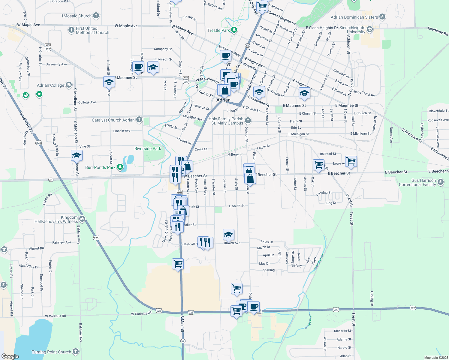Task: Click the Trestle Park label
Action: point(218,30)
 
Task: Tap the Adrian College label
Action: point(50,85)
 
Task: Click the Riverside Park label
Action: point(148,148)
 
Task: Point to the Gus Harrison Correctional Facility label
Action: point(417,182)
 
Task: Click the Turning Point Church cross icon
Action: point(76,351)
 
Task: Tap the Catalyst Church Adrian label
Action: point(113,120)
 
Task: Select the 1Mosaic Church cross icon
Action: point(96,15)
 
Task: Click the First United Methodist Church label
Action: point(92,30)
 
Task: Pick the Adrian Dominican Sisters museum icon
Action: point(382,17)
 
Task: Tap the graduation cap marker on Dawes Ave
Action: point(228,235)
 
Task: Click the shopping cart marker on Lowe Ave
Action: point(351,161)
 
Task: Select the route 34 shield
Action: point(50,180)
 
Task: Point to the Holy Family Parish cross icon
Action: point(248,121)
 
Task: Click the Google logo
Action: point(10,356)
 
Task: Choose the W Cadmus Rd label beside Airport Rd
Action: point(55,316)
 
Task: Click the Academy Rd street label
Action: point(437,31)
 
